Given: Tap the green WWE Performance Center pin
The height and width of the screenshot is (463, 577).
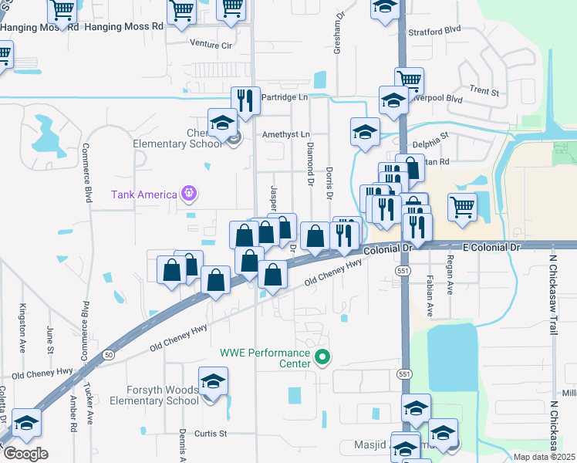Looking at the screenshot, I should click(x=323, y=357).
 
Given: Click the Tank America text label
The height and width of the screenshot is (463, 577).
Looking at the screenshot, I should click(x=144, y=194).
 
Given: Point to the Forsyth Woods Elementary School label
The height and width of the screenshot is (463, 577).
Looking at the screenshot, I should click(x=154, y=395).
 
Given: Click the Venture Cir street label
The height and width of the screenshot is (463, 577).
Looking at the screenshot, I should click(x=211, y=46).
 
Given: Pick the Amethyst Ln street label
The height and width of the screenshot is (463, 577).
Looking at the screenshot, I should click(x=285, y=134).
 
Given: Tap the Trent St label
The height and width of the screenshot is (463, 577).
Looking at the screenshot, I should click(x=484, y=90).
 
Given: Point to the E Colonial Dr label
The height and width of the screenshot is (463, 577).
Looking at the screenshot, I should click(x=493, y=245).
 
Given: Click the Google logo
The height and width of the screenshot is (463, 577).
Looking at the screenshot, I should click(x=25, y=453).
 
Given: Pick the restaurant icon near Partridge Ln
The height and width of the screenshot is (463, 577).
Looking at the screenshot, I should click(x=245, y=100).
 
